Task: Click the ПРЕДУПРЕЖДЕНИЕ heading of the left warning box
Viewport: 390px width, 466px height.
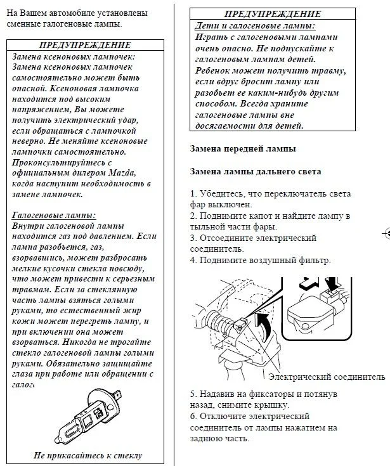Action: (x=85, y=45)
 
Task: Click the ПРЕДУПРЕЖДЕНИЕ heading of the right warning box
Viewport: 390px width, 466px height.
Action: (x=272, y=14)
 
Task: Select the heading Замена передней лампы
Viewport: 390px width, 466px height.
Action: (x=242, y=149)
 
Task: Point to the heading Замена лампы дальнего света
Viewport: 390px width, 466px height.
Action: (x=256, y=172)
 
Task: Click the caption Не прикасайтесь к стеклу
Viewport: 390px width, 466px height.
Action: (x=88, y=455)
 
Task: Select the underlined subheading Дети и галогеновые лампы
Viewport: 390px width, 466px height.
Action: (x=254, y=26)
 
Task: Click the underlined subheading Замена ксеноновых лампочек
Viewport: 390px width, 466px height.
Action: (x=74, y=56)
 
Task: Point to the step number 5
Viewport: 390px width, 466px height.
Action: (x=193, y=394)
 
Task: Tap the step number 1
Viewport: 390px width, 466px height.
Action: (x=193, y=193)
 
